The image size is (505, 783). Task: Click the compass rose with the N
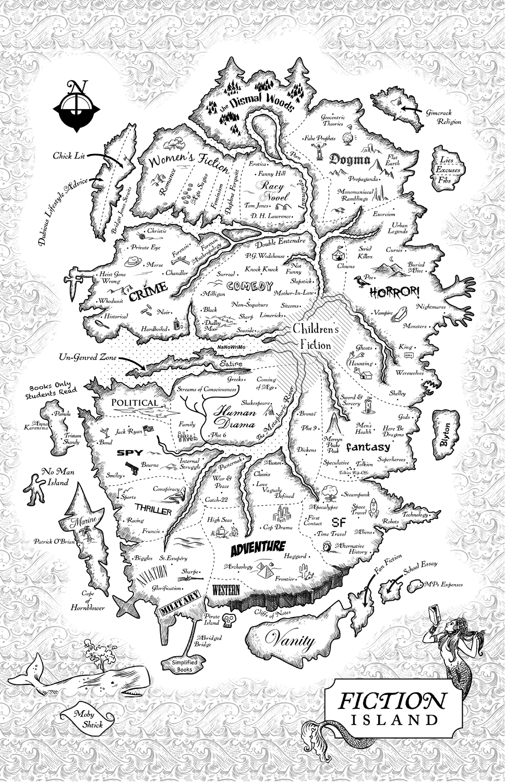[x=76, y=106]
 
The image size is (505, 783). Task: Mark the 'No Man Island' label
[x=58, y=477]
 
